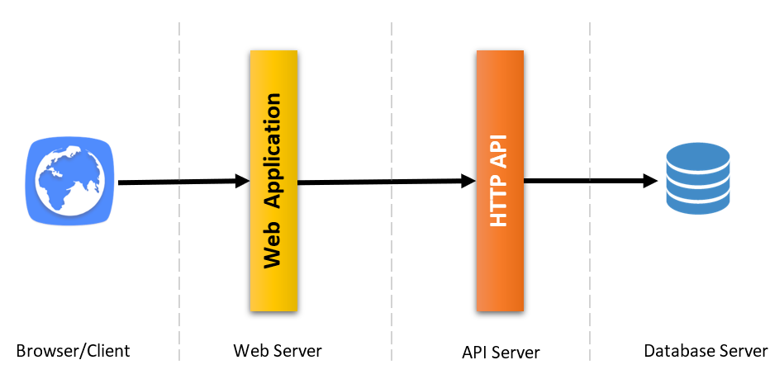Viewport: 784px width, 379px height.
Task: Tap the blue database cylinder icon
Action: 698,178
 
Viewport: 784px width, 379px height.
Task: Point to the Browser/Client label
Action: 73,351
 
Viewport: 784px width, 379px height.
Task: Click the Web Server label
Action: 277,351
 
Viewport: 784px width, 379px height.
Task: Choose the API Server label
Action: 501,353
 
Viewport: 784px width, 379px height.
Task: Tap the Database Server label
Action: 706,351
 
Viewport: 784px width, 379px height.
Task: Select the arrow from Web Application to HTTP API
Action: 380,182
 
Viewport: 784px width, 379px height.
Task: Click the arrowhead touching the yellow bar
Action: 242,181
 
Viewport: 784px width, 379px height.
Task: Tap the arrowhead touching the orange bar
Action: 468,182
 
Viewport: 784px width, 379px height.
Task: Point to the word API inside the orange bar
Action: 499,149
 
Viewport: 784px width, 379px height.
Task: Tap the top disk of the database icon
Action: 698,154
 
